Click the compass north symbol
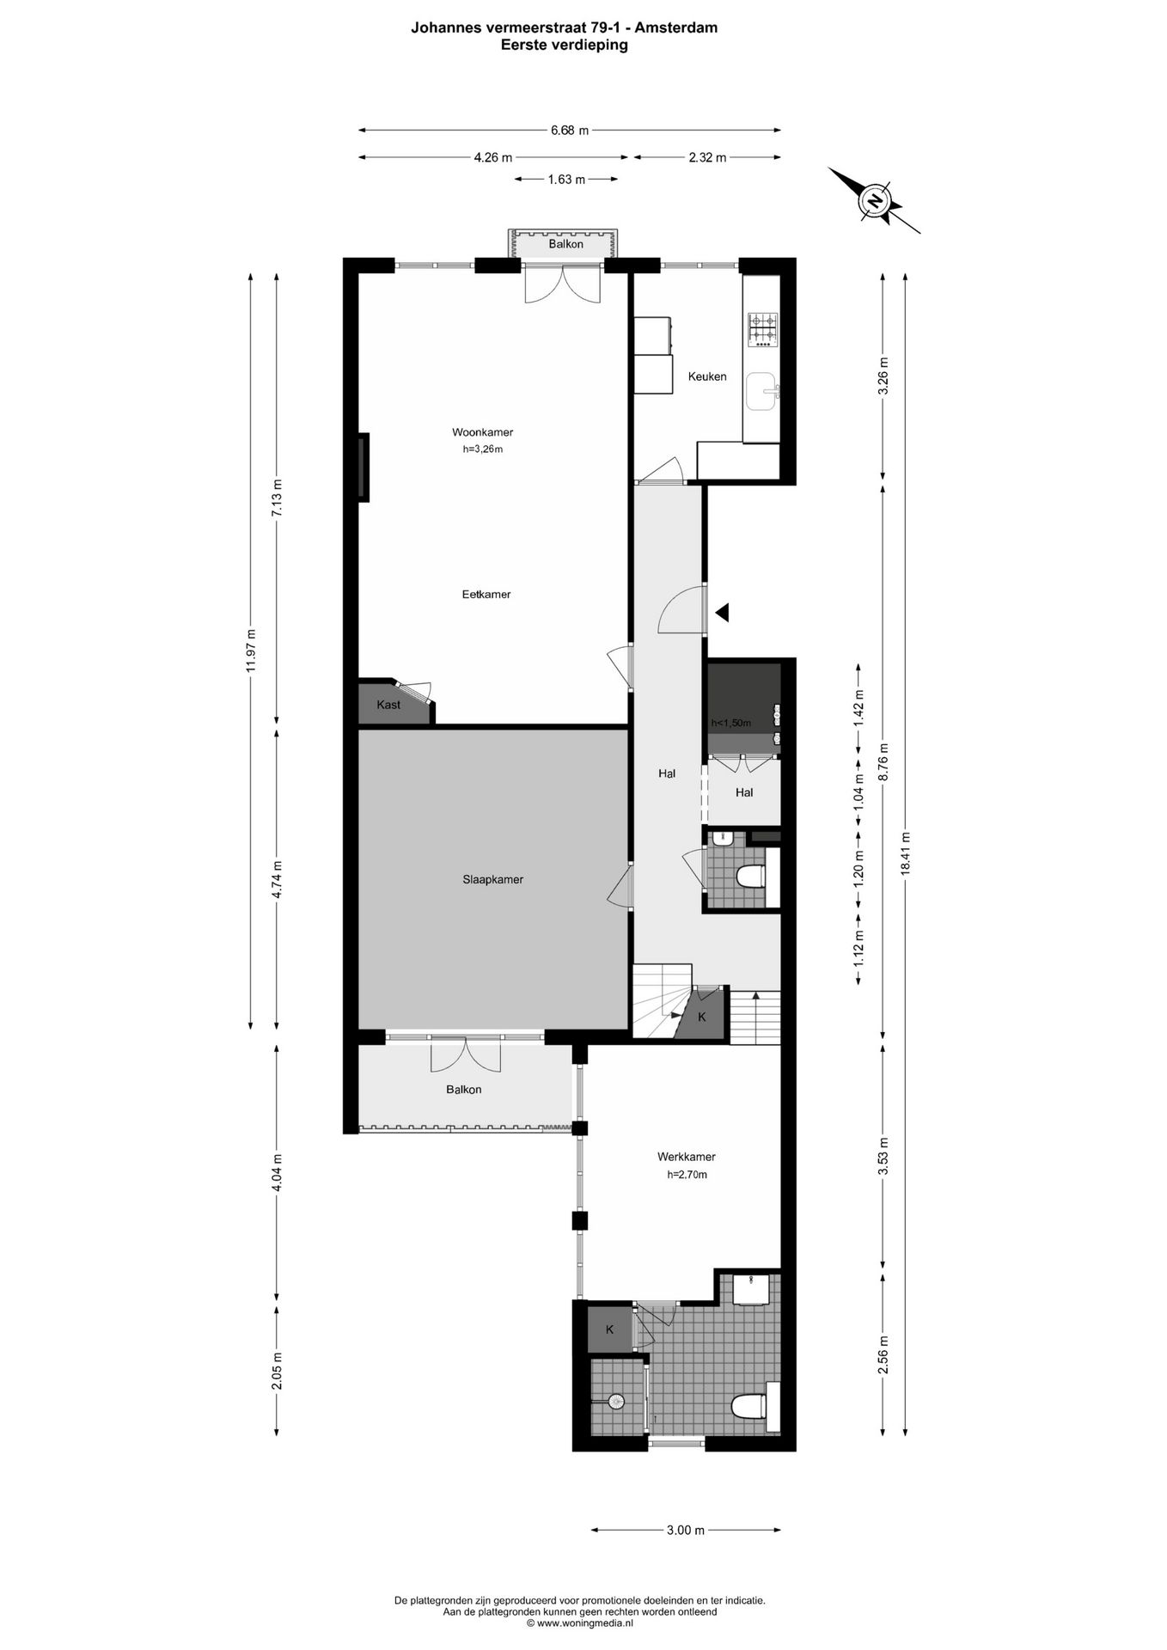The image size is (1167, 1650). [875, 201]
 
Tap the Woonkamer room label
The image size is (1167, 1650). [482, 432]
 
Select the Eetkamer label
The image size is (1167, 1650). [486, 594]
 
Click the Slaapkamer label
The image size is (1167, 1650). [492, 879]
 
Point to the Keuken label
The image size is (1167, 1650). [707, 376]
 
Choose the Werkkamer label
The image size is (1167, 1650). [686, 1157]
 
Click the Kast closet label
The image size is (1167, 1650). [388, 705]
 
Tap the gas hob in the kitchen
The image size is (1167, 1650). [762, 330]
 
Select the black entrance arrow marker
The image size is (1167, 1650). [723, 612]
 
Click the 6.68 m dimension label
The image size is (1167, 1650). [570, 131]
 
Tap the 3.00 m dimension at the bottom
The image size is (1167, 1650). [686, 1530]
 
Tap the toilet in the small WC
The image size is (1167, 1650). [751, 876]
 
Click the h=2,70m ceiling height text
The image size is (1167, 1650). [687, 1175]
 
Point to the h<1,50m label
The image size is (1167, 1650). [730, 724]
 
